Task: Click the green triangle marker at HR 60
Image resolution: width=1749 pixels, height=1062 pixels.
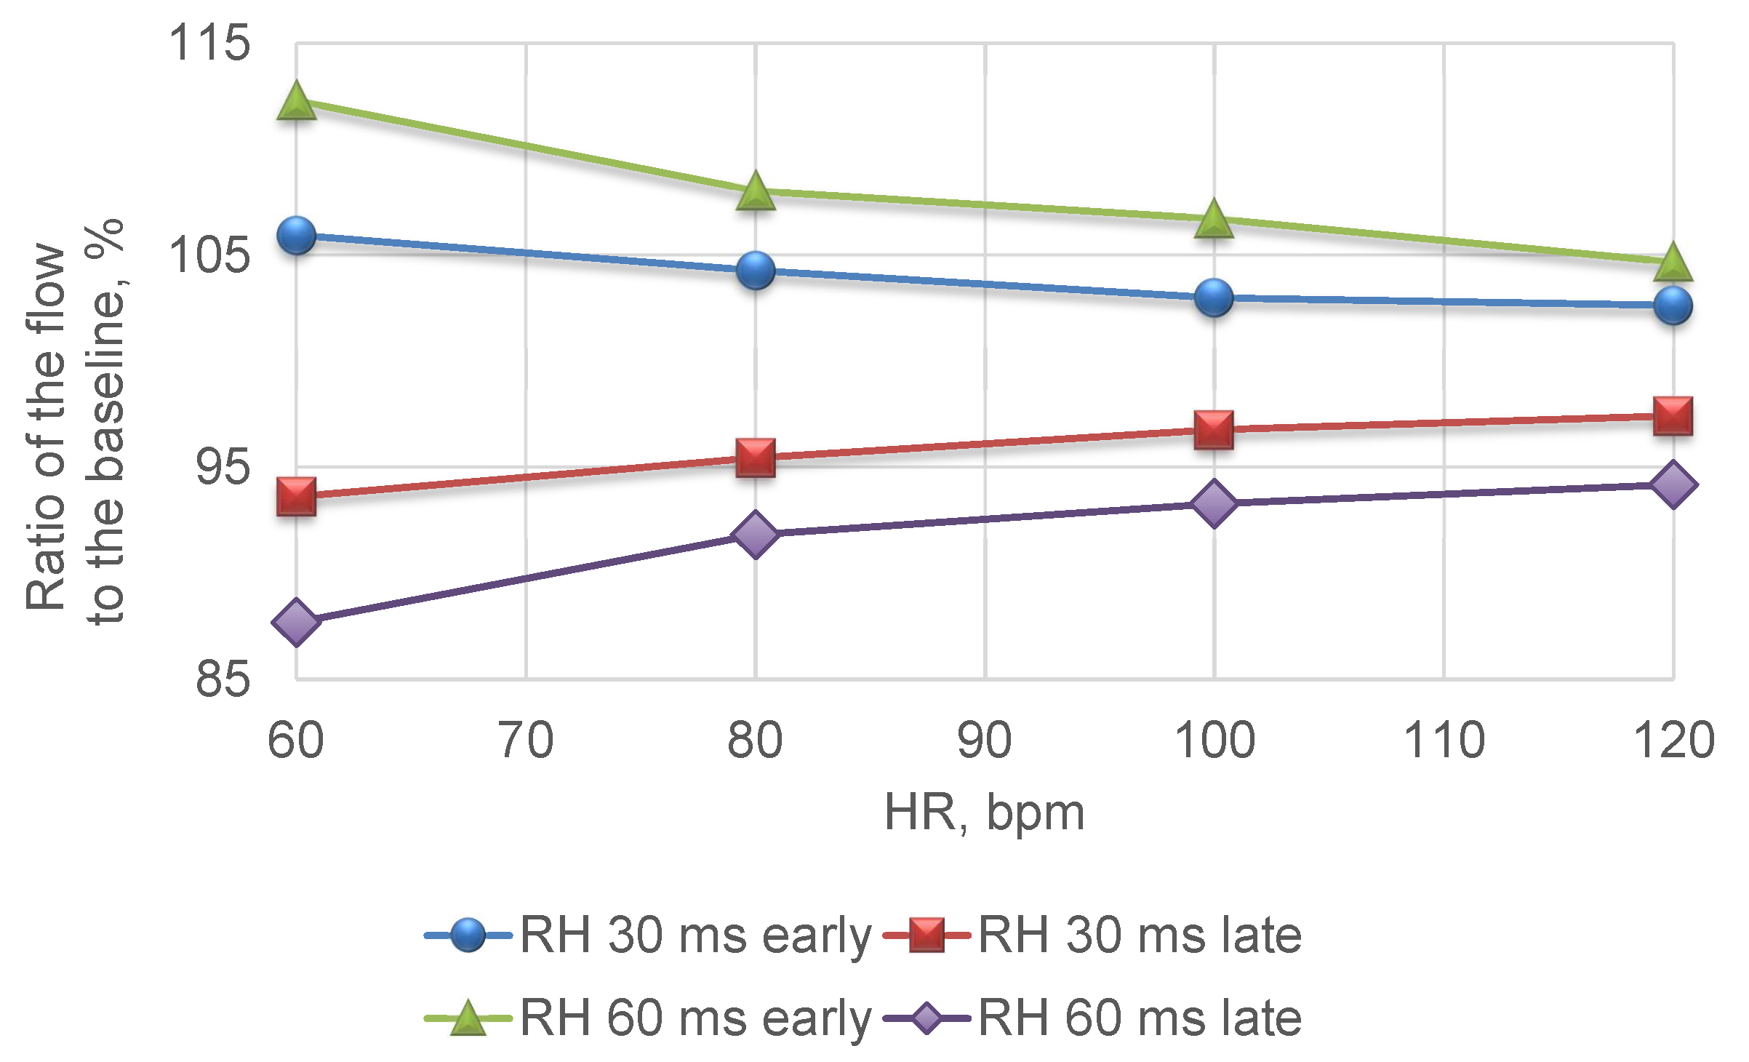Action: pos(296,101)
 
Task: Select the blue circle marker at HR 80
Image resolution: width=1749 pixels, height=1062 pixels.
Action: pos(756,271)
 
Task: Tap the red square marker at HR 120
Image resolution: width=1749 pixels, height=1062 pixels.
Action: pos(1673,416)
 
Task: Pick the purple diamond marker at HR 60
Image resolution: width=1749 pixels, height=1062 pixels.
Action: pos(296,622)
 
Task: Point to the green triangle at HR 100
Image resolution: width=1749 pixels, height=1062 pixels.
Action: pos(1214,219)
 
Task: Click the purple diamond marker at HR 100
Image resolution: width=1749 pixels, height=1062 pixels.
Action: pos(1214,503)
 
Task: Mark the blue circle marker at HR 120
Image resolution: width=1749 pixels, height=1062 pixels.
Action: pos(1673,306)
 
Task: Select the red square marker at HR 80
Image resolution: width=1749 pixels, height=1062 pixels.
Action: pos(756,458)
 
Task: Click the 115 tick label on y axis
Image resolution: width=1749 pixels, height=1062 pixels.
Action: pos(209,43)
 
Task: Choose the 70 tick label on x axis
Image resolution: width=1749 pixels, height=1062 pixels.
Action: pos(526,740)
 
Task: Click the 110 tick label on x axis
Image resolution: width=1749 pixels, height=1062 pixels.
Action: pos(1444,740)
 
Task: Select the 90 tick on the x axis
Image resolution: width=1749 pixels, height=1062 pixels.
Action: pos(985,740)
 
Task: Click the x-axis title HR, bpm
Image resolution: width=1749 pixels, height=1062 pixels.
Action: pos(985,813)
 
